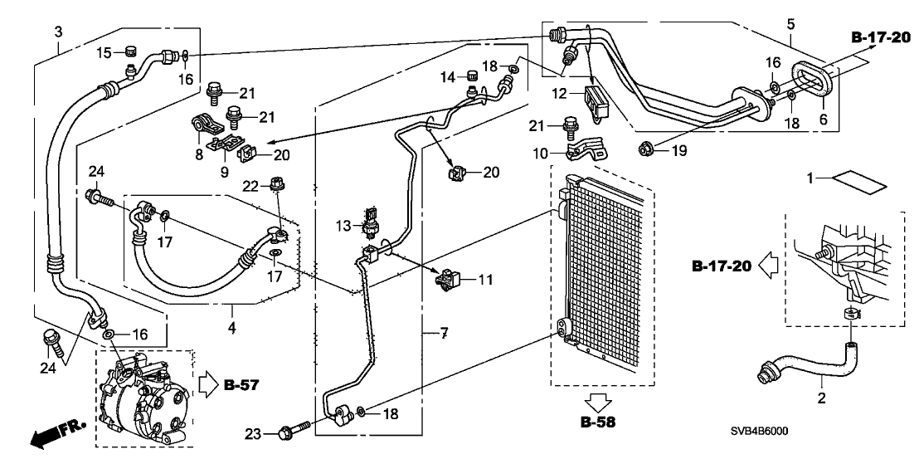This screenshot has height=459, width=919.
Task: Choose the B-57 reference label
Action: [240, 385]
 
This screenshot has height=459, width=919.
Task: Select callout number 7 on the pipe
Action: [444, 334]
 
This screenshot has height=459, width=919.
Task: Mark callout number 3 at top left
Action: [58, 32]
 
